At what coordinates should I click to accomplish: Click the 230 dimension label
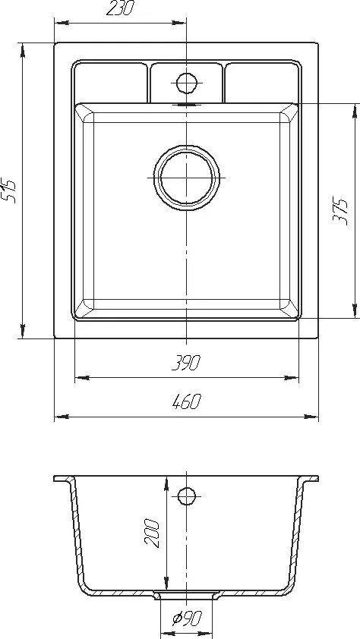tap(120, 8)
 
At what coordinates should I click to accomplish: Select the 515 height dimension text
tap(9, 190)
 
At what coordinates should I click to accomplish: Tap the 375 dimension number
tap(339, 211)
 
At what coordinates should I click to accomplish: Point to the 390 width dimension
tap(186, 363)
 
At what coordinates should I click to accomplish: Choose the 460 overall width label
tap(187, 401)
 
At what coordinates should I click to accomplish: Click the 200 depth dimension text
tap(152, 532)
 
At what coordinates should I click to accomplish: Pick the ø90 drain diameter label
tap(187, 619)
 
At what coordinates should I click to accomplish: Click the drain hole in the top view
tap(187, 178)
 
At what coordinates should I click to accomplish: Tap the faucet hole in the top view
tap(187, 83)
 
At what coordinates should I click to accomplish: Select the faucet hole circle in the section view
tap(187, 496)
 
